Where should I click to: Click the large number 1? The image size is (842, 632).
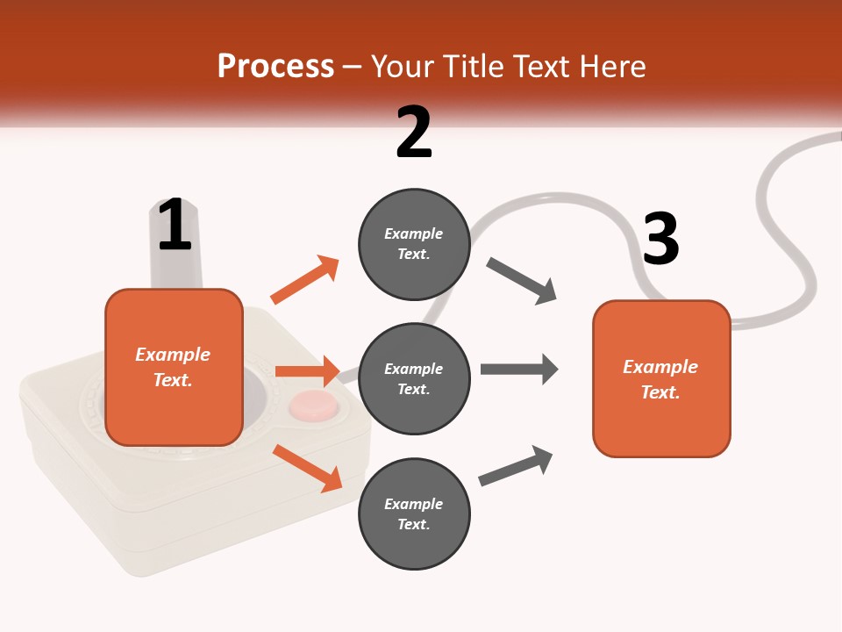175,225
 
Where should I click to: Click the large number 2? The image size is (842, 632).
414,133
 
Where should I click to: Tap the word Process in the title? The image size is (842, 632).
275,66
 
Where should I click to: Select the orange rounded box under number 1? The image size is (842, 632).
174,367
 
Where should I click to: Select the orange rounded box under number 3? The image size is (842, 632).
661,379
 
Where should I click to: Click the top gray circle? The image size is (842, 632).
414,244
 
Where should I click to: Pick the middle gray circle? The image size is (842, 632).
414,379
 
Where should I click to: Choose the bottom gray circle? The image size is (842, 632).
414,514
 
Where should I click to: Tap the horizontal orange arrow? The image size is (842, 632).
307,371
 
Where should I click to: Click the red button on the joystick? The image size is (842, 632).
314,406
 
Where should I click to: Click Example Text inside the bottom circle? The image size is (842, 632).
414,514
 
